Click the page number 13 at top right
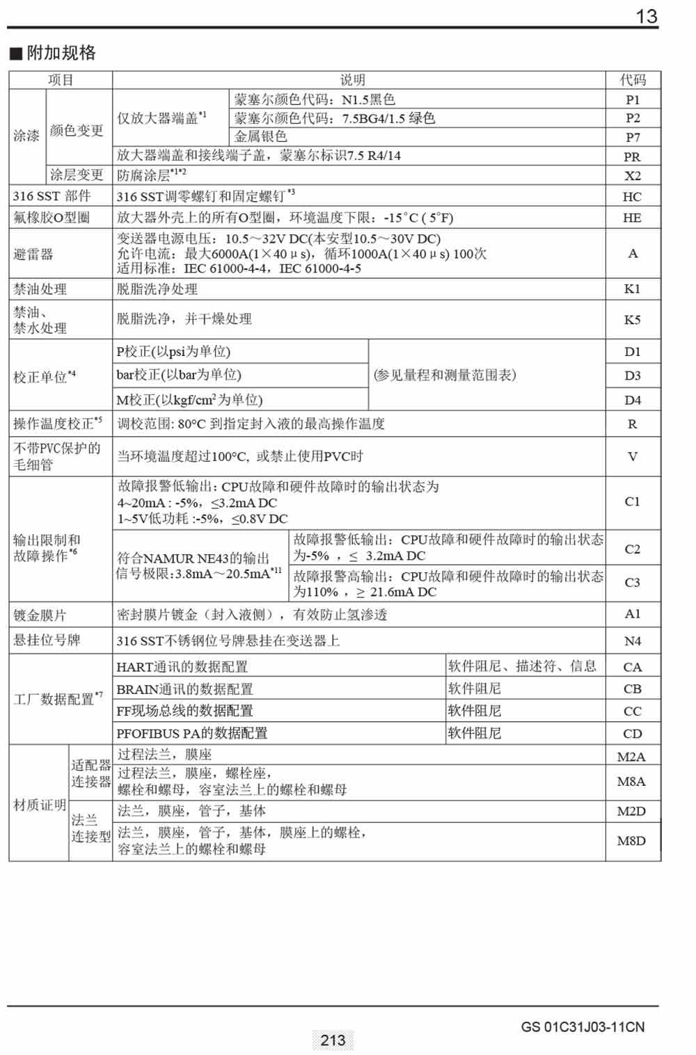pos(647,16)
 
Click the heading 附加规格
pos(61,53)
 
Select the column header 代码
pos(633,80)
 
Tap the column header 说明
pos(352,80)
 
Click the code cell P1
pos(633,99)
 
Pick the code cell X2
pos(633,175)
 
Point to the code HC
pos(632,197)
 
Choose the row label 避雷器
pos(33,254)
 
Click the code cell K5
pos(632,320)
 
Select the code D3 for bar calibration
pos(632,376)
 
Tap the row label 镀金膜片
pos(40,615)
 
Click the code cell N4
pos(632,641)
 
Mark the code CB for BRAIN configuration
pos(632,689)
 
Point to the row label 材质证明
pos(39,805)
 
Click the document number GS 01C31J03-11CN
pos(583,1027)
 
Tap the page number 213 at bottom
pos(333,1040)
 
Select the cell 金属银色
pos(260,136)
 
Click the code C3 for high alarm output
pos(632,582)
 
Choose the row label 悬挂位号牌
pos(47,640)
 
